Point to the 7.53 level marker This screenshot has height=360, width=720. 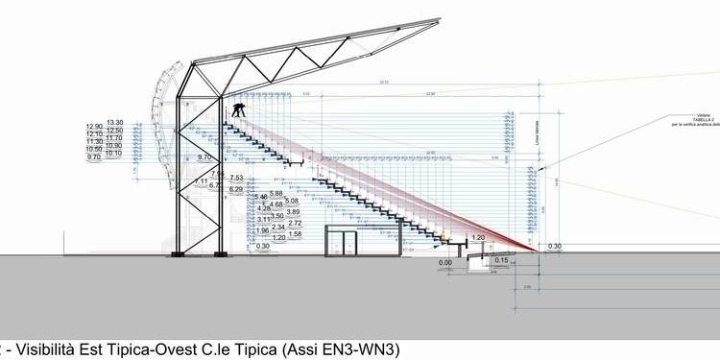click(x=236, y=178)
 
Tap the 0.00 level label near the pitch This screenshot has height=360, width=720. click(x=444, y=261)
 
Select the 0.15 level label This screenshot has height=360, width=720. click(x=502, y=260)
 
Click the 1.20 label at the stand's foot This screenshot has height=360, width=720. click(x=479, y=237)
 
